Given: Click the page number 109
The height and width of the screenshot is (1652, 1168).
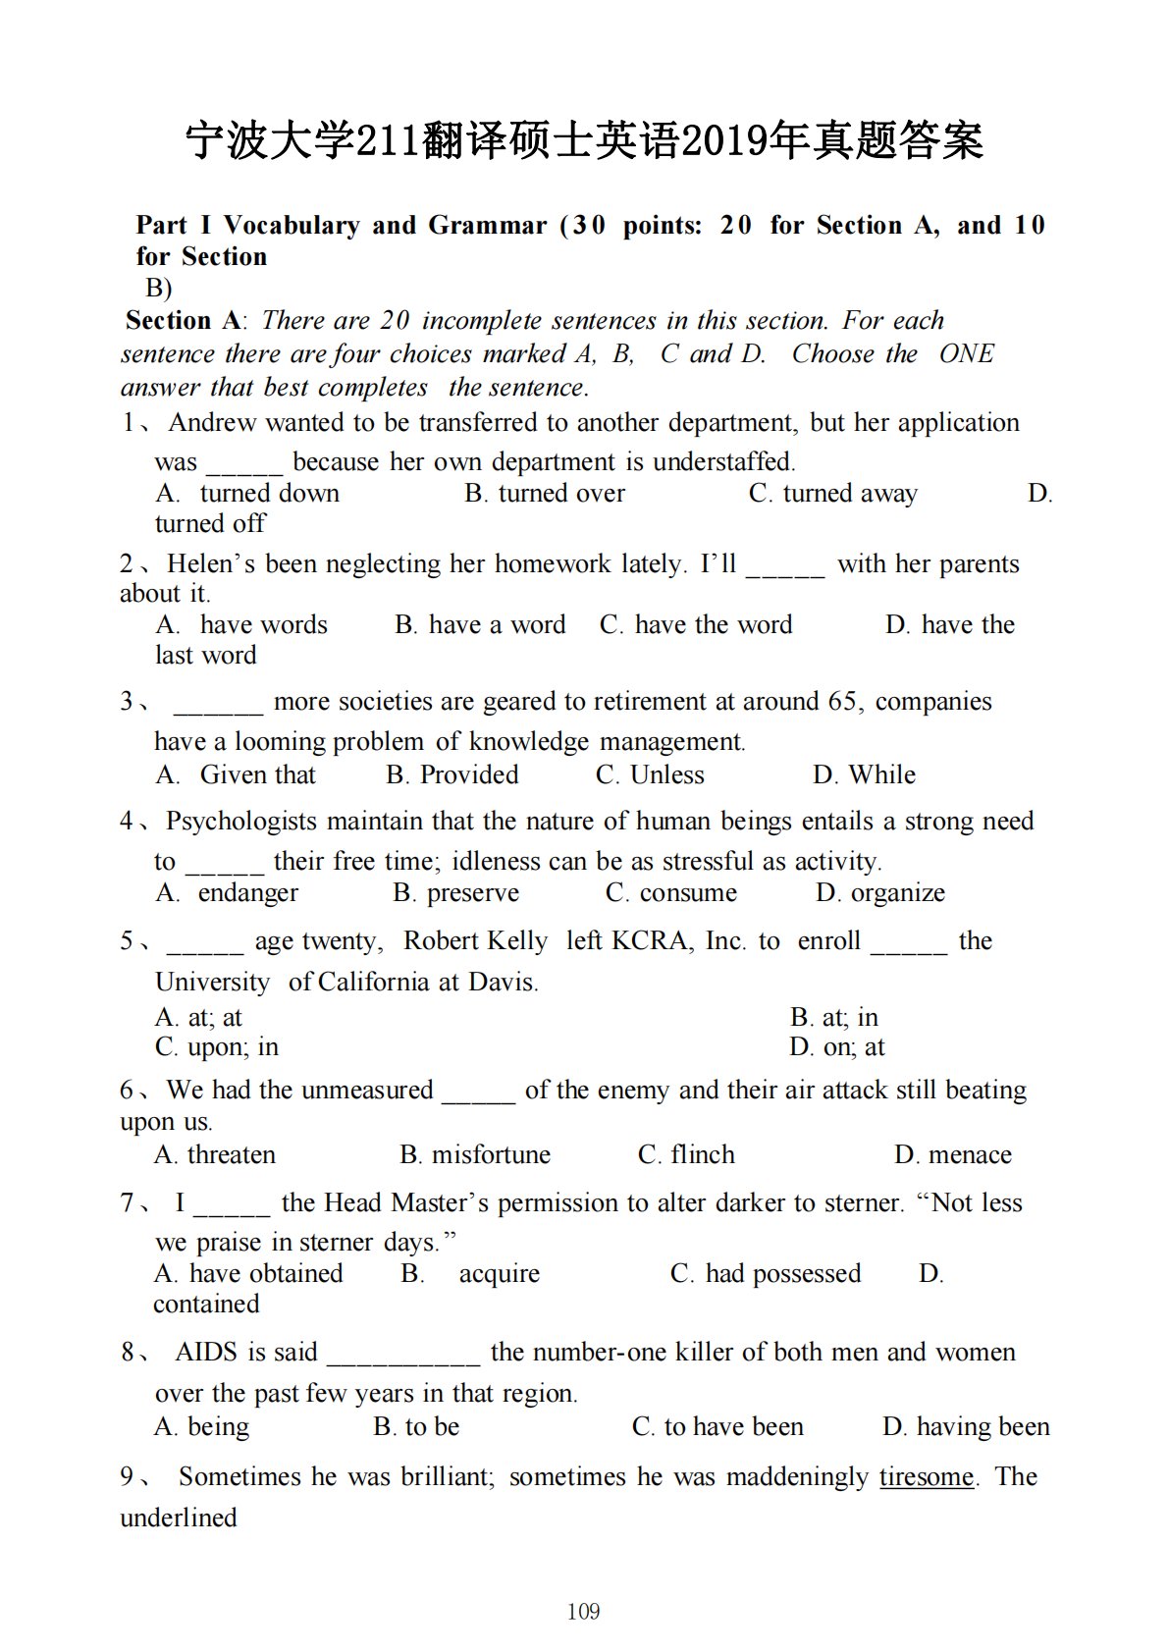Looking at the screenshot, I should (x=583, y=1611).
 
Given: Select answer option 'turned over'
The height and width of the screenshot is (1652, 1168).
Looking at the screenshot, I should (x=560, y=493).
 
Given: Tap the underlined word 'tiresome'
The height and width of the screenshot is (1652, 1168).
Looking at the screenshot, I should (x=926, y=1476).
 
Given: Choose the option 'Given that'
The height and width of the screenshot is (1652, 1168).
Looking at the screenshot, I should (x=257, y=774).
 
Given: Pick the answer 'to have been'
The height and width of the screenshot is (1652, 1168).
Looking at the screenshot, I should (x=733, y=1426).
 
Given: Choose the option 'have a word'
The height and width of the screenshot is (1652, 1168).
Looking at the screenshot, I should (x=497, y=624).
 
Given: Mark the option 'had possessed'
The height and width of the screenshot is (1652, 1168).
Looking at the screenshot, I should (x=782, y=1273).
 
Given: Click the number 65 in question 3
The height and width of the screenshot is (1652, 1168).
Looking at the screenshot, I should (x=841, y=701).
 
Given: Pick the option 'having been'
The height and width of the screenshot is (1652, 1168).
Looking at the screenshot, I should (x=982, y=1426).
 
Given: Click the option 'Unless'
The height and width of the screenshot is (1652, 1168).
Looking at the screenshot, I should (x=666, y=774).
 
